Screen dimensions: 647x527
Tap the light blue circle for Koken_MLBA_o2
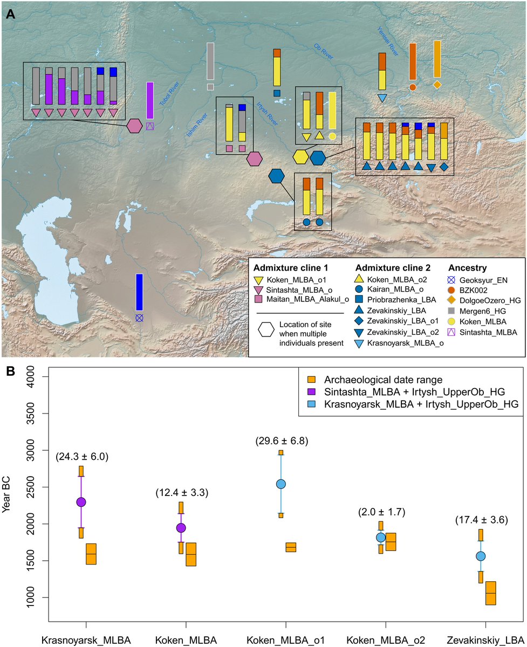tap(381, 537)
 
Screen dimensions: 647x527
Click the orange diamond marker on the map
tap(437, 85)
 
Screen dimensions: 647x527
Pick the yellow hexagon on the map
tap(300, 157)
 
